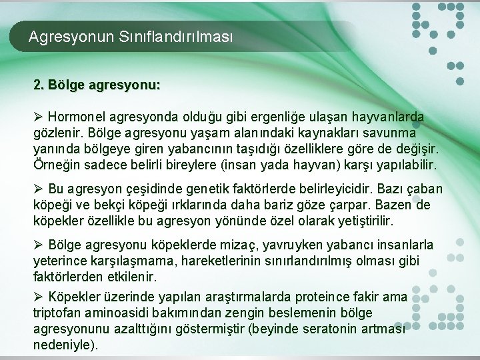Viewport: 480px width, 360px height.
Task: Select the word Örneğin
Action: point(54,164)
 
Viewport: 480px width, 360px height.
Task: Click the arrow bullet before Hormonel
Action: point(38,117)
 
